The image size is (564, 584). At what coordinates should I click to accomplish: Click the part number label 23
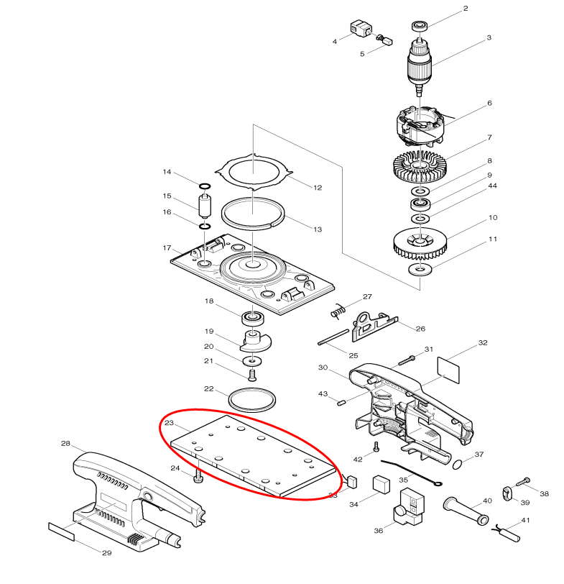tap(170, 423)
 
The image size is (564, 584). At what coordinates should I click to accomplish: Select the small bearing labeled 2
tap(419, 27)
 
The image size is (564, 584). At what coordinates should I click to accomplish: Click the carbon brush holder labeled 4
tap(359, 29)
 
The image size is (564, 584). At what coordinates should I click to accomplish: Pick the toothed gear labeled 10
tap(421, 242)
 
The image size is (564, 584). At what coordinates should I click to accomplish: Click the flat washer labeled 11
tap(416, 270)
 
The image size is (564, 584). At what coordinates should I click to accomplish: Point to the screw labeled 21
tap(252, 374)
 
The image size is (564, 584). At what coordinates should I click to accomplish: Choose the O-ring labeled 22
tap(252, 398)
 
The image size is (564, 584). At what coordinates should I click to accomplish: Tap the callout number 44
tap(492, 186)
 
